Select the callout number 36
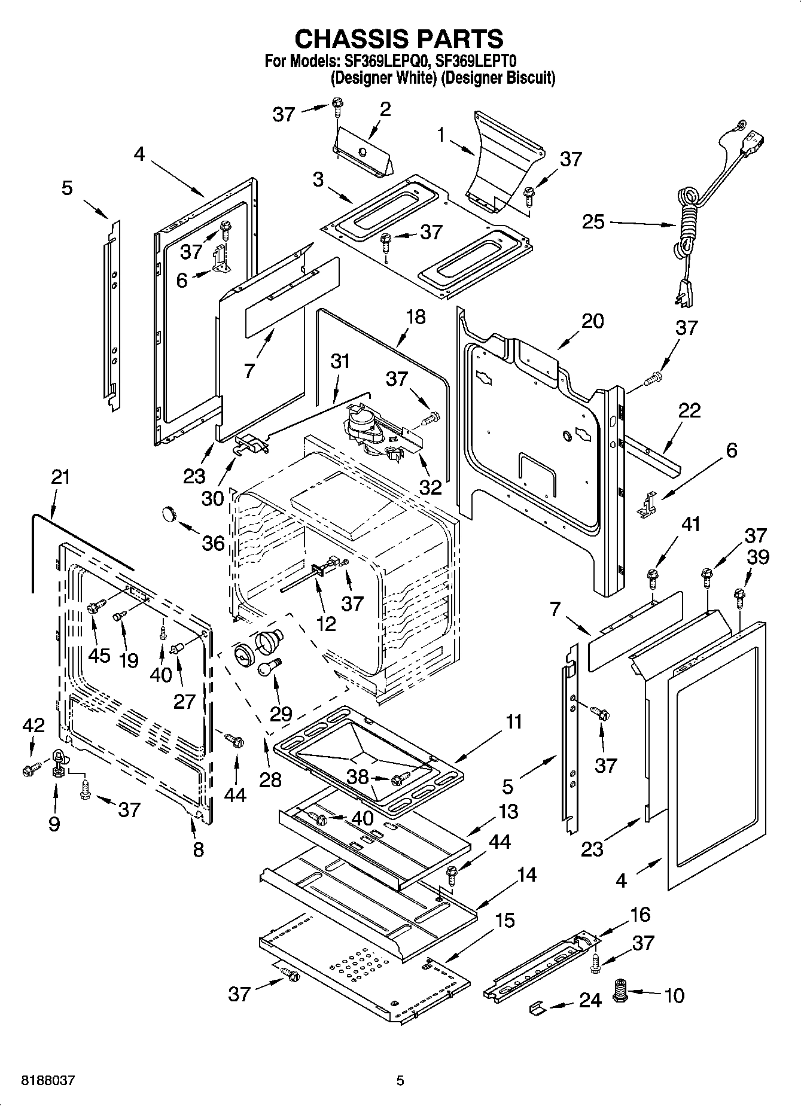point(213,543)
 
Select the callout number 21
point(60,477)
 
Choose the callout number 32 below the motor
point(430,487)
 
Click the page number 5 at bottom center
point(400,1081)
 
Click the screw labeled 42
point(28,770)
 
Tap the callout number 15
point(504,920)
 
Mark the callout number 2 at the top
point(385,109)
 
